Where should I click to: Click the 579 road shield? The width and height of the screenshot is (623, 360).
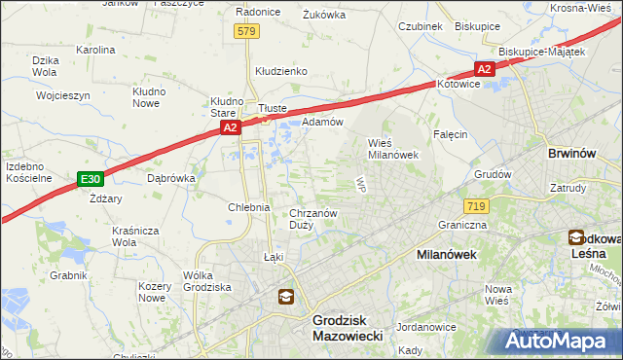[x=246, y=32]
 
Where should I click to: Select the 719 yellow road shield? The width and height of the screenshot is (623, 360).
[x=477, y=206]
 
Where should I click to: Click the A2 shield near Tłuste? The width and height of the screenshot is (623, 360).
[x=229, y=127]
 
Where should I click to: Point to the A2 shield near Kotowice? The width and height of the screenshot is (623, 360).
[x=484, y=68]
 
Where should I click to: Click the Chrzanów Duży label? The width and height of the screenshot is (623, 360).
[x=312, y=219]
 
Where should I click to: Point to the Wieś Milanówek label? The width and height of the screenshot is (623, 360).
[x=392, y=148]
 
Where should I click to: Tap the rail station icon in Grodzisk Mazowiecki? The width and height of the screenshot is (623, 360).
[x=285, y=298]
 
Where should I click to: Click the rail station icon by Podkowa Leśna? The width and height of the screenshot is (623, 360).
[x=576, y=237]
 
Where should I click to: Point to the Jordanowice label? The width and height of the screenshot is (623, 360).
[x=426, y=327]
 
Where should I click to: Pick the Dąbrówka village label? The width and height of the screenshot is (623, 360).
[x=171, y=178]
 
